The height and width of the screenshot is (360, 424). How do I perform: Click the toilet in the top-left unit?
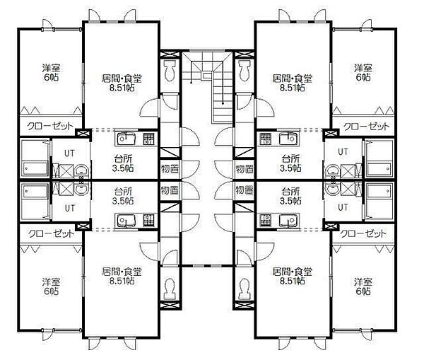[170, 70]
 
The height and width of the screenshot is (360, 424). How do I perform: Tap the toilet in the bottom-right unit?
[245, 289]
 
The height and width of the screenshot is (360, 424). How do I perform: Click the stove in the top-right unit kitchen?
[265, 139]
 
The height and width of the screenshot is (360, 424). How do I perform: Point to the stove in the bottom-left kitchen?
[148, 221]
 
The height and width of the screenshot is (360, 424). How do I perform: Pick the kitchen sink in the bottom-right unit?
[289, 221]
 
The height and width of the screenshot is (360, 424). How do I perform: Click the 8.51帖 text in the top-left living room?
[122, 88]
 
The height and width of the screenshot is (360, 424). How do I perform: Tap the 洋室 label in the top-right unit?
[363, 68]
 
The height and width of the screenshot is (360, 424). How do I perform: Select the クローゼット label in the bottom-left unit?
[51, 233]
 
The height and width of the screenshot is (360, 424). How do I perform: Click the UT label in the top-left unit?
[69, 153]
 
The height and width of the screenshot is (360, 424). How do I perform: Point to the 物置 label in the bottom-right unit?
[245, 190]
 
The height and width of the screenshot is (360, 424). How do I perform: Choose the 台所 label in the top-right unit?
[290, 158]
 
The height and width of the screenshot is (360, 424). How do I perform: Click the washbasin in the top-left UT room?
[81, 170]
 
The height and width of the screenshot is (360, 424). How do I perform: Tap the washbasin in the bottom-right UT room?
[332, 189]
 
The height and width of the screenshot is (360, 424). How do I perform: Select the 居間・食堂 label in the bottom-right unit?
[293, 272]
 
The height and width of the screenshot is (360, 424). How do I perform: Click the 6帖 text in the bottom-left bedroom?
[51, 291]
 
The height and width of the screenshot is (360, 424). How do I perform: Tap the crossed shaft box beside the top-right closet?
[331, 133]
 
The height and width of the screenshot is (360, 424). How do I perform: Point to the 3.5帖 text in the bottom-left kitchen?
[123, 201]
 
